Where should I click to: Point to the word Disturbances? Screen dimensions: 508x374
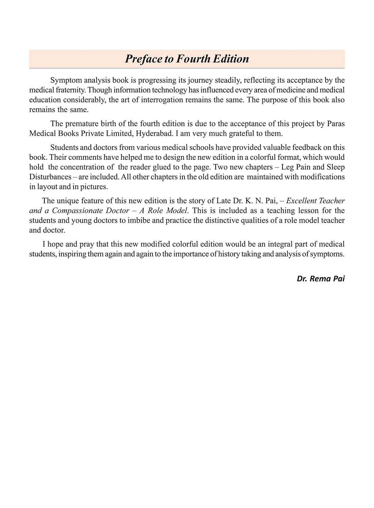click(x=50, y=177)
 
